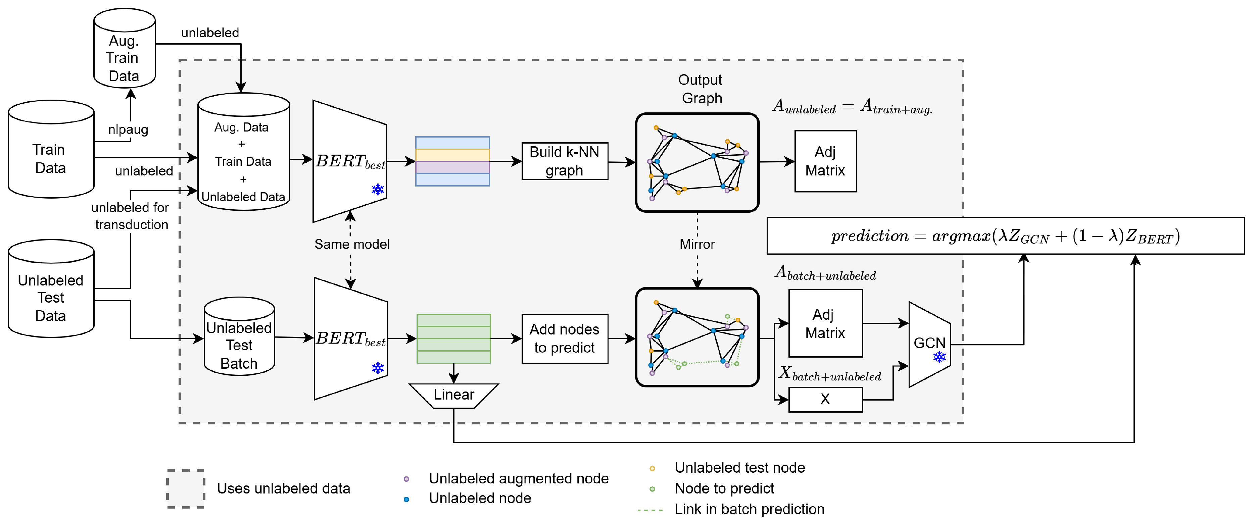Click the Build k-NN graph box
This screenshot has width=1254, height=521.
pyautogui.click(x=565, y=161)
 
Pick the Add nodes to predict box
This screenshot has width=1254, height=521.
pyautogui.click(x=565, y=338)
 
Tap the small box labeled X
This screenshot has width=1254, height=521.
pyautogui.click(x=825, y=399)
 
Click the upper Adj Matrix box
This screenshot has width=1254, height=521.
pyautogui.click(x=825, y=161)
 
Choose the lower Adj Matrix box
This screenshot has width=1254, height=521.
pyautogui.click(x=825, y=323)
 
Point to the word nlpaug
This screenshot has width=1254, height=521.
pyautogui.click(x=128, y=129)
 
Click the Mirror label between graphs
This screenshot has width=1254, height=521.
pyautogui.click(x=697, y=244)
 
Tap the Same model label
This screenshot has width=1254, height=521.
pyautogui.click(x=352, y=244)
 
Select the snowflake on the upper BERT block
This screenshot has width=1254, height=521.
pyautogui.click(x=378, y=190)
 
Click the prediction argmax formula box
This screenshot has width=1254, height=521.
pyautogui.click(x=1005, y=236)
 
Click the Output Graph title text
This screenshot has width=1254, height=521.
pyautogui.click(x=701, y=89)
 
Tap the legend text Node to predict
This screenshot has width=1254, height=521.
pyautogui.click(x=724, y=488)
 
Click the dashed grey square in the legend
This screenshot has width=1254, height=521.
pyautogui.click(x=186, y=489)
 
